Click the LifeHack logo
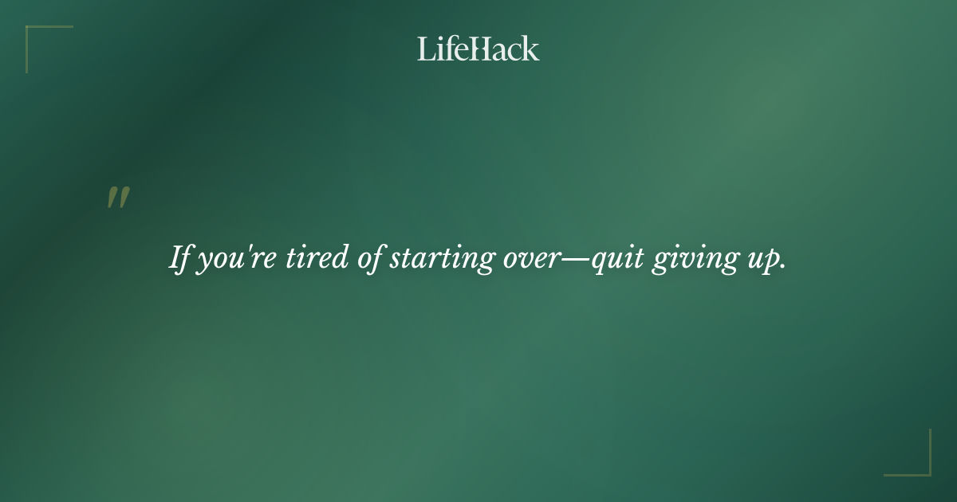pos(478,49)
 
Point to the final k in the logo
pos(530,49)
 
